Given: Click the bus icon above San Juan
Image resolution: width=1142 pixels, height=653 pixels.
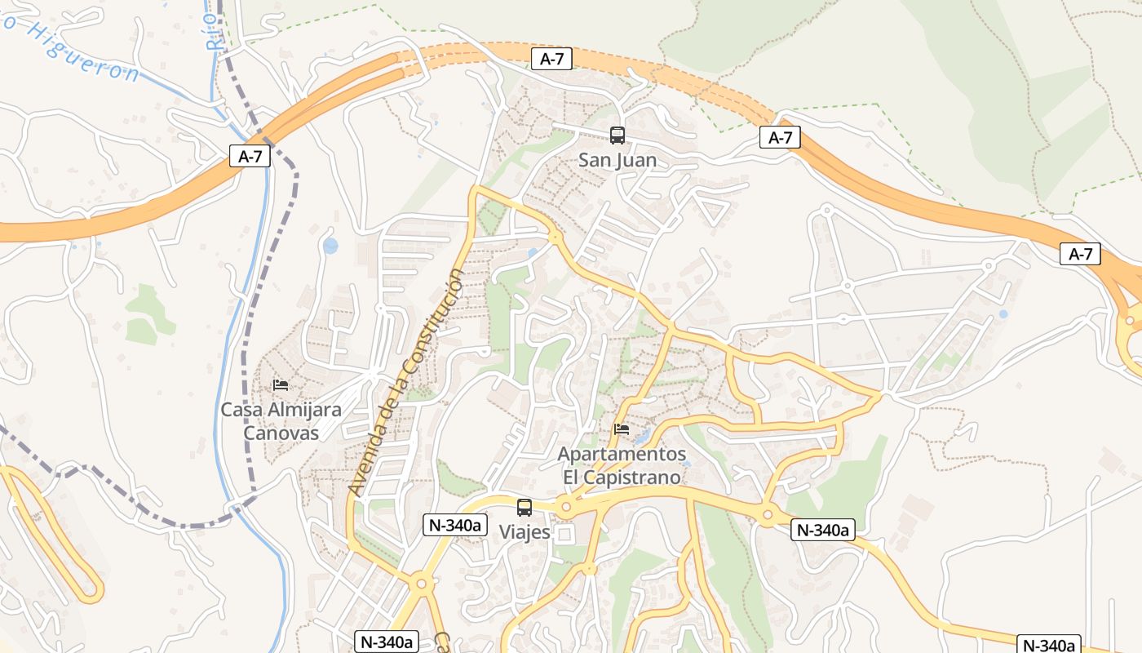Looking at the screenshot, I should tap(617, 135).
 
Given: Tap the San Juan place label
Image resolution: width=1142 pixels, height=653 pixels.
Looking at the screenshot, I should tap(617, 160).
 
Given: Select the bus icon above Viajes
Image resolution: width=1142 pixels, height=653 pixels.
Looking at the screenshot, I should tap(525, 507).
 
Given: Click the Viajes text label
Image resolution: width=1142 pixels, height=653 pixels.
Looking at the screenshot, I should tap(525, 532).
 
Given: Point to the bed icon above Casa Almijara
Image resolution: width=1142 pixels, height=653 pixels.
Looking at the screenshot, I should tap(281, 385).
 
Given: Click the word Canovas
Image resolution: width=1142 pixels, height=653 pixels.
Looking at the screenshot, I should tap(281, 433).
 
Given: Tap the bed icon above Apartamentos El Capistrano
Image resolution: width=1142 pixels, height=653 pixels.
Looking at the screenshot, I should tap(622, 429).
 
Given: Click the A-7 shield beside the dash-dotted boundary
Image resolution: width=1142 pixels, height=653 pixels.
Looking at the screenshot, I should tap(250, 157).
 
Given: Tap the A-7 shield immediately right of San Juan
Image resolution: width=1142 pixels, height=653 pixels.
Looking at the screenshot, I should tap(781, 137).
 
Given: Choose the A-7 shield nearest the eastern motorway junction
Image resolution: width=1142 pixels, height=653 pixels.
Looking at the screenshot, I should tap(1081, 254).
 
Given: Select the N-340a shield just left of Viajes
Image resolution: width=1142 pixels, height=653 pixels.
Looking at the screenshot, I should tap(454, 525).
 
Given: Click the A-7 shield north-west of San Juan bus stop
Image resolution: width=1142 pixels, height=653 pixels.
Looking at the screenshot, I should tap(551, 59).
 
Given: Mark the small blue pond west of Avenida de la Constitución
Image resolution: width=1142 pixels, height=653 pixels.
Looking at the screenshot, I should tap(330, 246).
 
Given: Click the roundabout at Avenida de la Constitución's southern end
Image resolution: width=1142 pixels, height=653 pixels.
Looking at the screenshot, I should tap(422, 583).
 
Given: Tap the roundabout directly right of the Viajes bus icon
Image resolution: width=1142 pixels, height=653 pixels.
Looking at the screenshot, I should tap(565, 507).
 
